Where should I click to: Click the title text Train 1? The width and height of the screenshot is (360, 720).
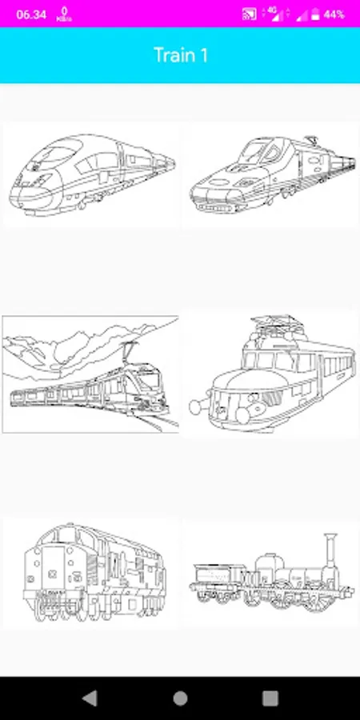181,55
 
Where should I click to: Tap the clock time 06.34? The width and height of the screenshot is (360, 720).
31,14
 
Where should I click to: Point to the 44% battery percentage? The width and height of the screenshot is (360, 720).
334,14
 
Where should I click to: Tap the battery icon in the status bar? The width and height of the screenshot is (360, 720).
315,14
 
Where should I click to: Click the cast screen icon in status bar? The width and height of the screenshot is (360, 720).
249,14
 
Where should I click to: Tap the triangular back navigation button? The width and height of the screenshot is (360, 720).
90,698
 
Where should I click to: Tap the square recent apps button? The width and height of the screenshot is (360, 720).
270,698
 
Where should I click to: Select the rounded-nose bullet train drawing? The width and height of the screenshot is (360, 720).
92,174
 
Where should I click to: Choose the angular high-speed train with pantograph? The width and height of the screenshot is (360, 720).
273,174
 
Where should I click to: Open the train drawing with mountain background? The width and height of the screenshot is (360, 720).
90,374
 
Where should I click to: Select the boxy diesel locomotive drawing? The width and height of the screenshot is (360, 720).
94,572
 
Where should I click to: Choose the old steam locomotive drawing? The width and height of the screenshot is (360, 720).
271,573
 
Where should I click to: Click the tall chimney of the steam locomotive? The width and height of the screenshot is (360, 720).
330,554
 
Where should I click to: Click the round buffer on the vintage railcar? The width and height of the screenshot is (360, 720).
198,406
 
